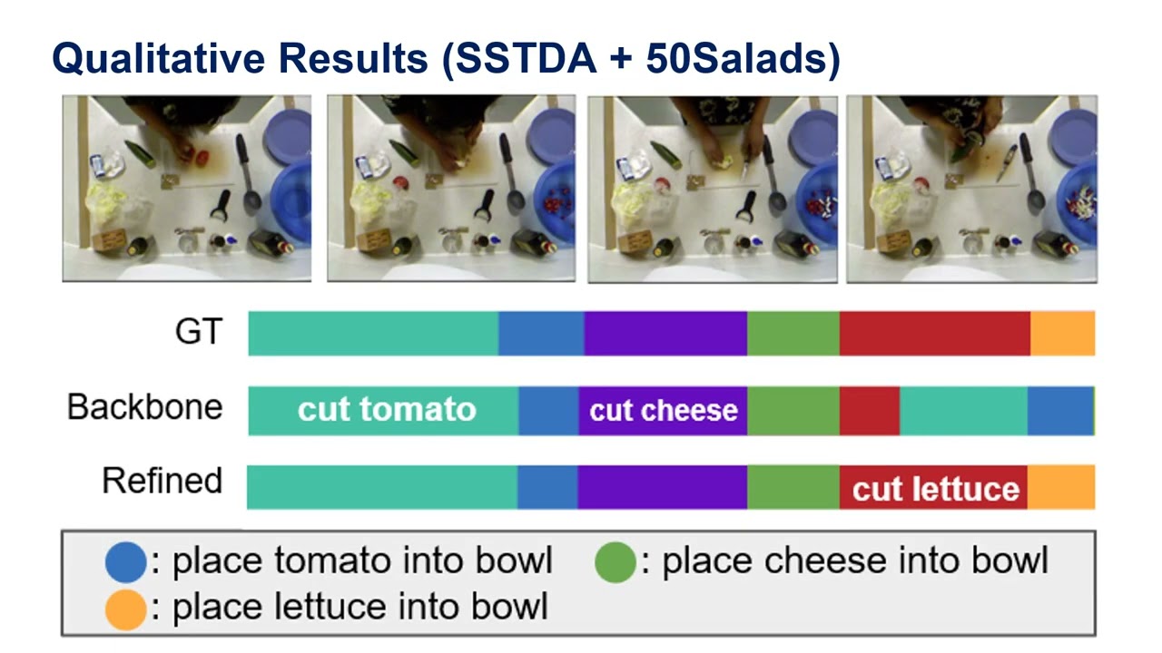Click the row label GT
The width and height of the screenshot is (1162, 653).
pos(198,332)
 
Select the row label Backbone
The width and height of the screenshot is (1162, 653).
pos(144,406)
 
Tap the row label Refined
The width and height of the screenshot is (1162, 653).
pos(162,481)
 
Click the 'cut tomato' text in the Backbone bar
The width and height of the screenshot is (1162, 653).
pos(387,410)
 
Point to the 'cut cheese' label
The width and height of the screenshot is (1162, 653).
pos(663,411)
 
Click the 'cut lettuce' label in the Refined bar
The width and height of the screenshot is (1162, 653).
pos(936,489)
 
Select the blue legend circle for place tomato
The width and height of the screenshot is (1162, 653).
pos(125,561)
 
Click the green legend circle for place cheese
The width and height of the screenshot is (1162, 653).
pos(615,561)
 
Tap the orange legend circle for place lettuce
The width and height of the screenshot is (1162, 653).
pos(125,608)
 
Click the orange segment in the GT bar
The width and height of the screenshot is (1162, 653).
pos(1062,333)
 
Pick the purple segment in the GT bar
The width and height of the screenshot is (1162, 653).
pos(665,333)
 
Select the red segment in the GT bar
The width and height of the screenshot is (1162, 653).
pos(934,333)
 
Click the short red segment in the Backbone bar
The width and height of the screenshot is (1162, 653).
pos(869,410)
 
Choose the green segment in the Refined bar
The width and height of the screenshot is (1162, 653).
pos(793,487)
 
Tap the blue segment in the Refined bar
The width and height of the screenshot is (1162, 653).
pos(547,487)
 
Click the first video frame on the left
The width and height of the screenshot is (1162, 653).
pos(187,189)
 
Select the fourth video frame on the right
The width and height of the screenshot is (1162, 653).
pos(971,189)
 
